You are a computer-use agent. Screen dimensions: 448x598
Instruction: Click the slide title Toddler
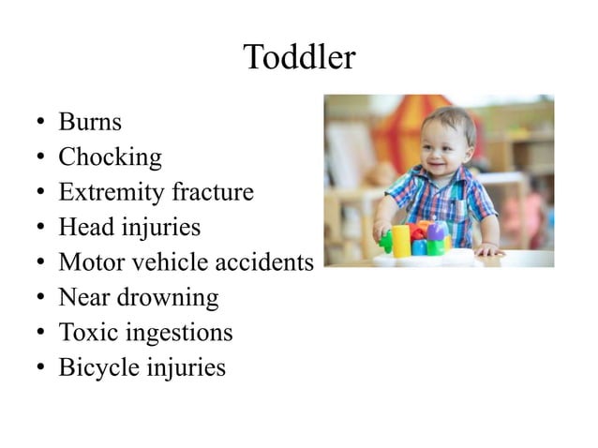coord(299,58)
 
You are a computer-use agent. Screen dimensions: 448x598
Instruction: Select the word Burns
coord(90,122)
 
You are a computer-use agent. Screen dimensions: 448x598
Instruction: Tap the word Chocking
coord(110,157)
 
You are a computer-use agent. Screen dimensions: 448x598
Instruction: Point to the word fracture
coord(212,193)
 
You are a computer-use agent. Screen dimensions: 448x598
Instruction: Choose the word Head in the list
coord(81,228)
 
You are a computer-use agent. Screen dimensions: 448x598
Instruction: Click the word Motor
coord(86,263)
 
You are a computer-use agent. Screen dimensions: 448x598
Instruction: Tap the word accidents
coord(263,263)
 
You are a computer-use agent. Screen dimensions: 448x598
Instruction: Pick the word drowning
coord(173,299)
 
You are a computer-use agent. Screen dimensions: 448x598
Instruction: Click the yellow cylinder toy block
coord(401,240)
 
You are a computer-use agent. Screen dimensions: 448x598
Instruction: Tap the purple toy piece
coord(437,231)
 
